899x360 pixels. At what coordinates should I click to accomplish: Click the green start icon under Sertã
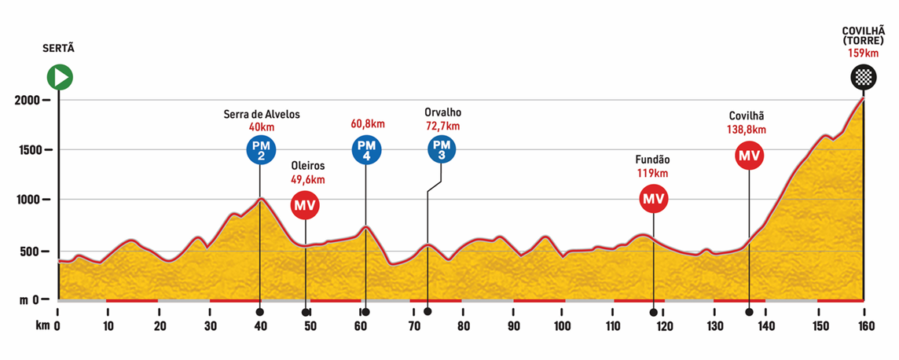[x=59, y=77]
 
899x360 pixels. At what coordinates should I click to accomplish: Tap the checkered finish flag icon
[x=864, y=77]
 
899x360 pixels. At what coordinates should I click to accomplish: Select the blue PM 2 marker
[x=259, y=149]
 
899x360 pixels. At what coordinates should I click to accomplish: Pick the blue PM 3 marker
[x=442, y=149]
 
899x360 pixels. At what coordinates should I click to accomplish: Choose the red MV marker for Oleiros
[x=305, y=205]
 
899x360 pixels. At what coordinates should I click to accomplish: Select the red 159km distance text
[x=863, y=53]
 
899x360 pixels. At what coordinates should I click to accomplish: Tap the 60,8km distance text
[x=368, y=123]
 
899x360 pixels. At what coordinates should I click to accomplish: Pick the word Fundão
[x=653, y=160]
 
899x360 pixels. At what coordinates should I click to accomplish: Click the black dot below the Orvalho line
[x=427, y=312]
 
